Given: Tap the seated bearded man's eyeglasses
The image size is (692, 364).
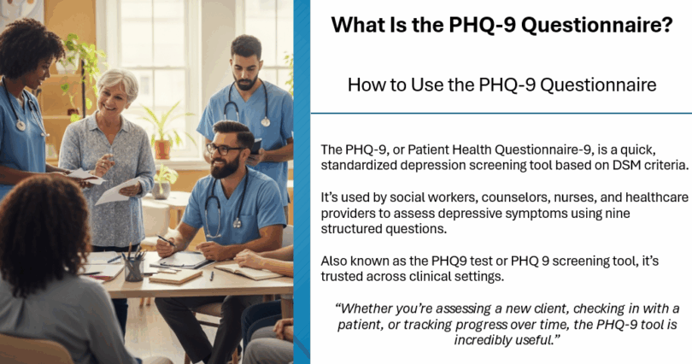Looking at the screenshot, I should pos(224,149).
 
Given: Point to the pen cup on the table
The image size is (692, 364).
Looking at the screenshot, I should pos(133,267).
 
